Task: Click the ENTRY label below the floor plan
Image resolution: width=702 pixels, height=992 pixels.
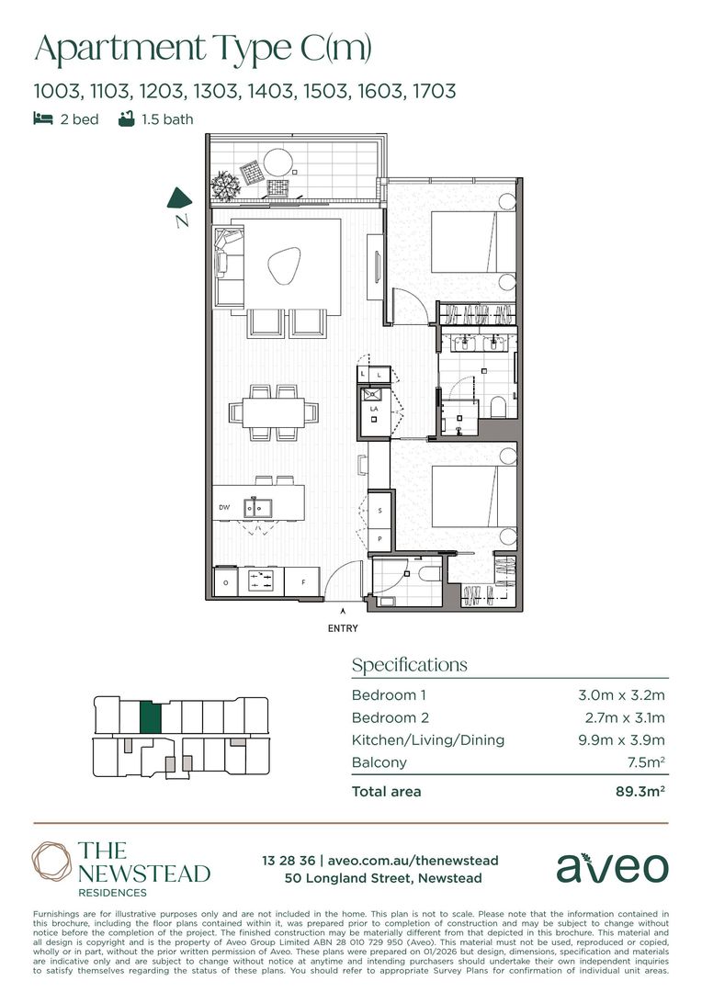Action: (x=343, y=628)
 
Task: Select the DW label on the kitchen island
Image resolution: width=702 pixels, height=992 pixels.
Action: (x=224, y=507)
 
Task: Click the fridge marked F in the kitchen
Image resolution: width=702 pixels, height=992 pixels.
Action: (x=302, y=581)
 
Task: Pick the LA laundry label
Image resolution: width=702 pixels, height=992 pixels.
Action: (x=374, y=409)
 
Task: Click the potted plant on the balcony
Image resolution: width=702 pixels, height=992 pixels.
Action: (x=225, y=186)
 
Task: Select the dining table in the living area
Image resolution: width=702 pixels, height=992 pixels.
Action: (x=274, y=412)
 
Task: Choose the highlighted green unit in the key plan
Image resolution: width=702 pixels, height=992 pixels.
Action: (x=150, y=717)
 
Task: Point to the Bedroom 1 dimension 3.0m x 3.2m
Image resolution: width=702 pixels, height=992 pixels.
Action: (x=621, y=695)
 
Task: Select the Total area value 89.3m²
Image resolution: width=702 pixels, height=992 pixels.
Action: (x=640, y=792)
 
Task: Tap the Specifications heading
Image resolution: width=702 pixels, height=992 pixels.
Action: (x=410, y=665)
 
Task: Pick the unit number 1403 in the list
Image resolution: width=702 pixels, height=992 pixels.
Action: (x=271, y=91)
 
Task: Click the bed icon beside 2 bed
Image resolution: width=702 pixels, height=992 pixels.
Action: (x=43, y=118)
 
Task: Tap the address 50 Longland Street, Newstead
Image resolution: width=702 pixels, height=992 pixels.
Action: (x=383, y=878)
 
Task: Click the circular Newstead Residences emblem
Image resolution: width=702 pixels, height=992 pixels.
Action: (x=51, y=862)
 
